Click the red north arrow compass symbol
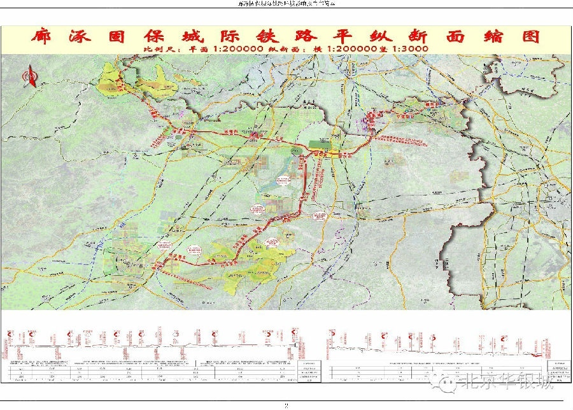(x=29, y=78)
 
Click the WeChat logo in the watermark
(x=448, y=383)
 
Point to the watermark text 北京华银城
(x=506, y=383)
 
